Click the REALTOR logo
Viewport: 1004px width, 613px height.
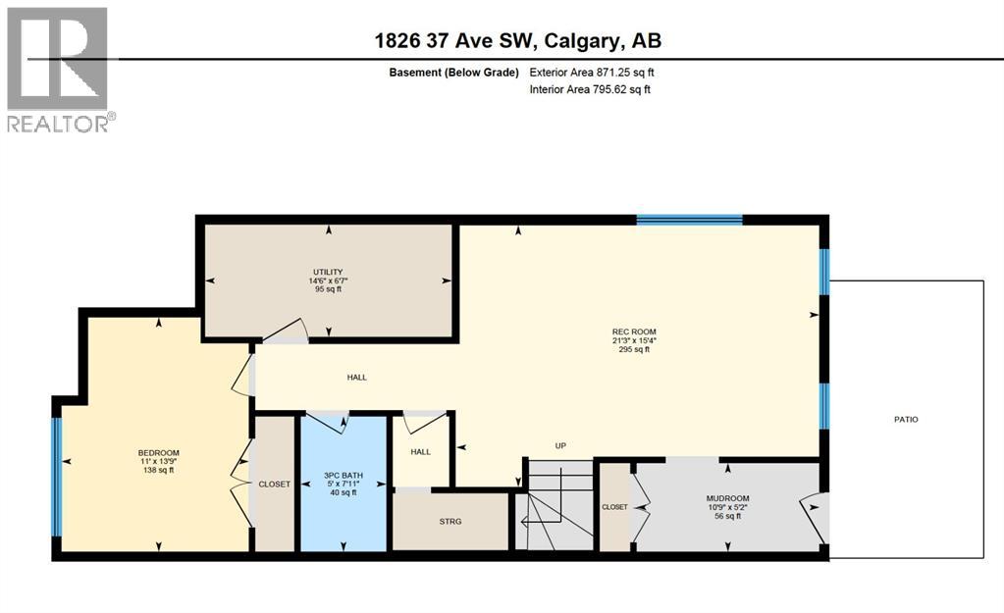(x=59, y=69)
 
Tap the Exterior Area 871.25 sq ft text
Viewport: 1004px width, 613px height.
(x=590, y=72)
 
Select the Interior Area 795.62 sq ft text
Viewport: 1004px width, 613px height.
(x=590, y=89)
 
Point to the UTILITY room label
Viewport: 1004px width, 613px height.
(x=328, y=272)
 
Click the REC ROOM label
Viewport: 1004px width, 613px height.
(x=634, y=332)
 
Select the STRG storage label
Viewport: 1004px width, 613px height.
(x=449, y=521)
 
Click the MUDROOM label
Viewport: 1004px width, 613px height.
(x=726, y=497)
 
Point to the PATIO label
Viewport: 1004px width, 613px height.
(x=906, y=420)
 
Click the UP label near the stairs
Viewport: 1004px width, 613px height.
(x=560, y=445)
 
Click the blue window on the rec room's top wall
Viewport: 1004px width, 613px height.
(x=689, y=220)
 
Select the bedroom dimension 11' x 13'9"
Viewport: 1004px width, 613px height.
(x=158, y=461)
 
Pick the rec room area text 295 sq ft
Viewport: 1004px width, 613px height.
(x=634, y=350)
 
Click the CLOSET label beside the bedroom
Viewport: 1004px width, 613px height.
(x=275, y=484)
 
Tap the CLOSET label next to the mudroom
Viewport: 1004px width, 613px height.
(x=614, y=507)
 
